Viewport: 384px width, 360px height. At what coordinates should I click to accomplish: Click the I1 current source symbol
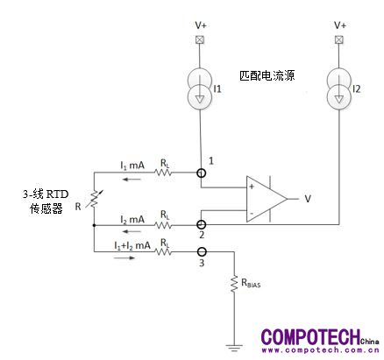200,88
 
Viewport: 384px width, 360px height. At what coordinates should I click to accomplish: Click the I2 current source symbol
339,88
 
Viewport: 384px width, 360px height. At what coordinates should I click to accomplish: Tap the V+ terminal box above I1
200,39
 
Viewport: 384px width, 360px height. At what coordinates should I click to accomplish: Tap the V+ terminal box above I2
339,39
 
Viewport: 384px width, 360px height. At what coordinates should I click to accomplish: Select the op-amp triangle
267,199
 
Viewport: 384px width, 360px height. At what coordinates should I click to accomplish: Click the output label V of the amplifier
308,199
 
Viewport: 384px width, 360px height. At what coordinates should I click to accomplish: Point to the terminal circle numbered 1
201,173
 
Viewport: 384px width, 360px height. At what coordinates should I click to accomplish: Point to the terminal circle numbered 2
201,224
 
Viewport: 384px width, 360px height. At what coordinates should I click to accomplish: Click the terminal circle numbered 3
202,251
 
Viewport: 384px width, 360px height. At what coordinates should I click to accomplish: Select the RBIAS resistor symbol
234,284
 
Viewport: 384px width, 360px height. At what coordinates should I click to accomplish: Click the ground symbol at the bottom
234,348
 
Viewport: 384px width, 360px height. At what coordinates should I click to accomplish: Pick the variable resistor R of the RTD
94,199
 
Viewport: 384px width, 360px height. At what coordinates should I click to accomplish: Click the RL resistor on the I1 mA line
163,173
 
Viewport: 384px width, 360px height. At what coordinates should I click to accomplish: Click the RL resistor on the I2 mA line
163,225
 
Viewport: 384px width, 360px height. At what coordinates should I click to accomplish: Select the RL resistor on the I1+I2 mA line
163,251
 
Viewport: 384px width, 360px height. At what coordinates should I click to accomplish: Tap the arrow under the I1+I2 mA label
124,258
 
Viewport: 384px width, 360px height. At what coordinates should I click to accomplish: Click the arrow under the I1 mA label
132,179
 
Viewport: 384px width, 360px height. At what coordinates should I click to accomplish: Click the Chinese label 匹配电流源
267,75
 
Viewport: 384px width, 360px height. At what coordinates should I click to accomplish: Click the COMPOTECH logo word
311,336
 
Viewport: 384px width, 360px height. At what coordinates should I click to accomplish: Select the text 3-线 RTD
46,194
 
